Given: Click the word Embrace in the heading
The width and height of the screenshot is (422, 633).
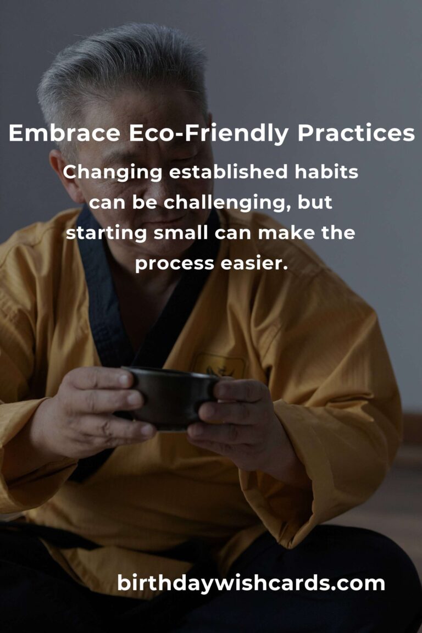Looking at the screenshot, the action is (x=64, y=133).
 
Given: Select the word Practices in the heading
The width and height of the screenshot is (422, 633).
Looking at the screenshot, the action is (x=356, y=133).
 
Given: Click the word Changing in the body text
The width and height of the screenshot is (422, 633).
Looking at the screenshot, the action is (x=112, y=173).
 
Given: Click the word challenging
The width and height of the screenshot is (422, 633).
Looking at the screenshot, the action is (x=227, y=203).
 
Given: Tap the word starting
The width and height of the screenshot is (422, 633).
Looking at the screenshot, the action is (x=106, y=234).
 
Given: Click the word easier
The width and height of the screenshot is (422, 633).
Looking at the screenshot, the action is (x=254, y=264).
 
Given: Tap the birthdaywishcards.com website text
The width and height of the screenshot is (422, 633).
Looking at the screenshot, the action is (x=251, y=584).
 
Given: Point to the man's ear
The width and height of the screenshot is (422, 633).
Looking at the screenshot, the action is (x=63, y=174).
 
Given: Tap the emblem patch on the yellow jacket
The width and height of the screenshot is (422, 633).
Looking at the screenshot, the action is (x=219, y=365).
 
